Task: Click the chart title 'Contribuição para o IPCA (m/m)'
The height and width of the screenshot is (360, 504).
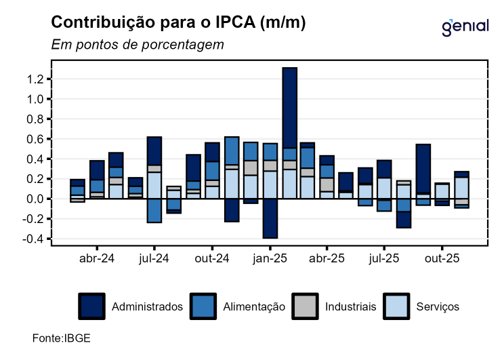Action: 179,22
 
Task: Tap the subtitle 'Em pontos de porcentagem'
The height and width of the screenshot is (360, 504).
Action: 138,45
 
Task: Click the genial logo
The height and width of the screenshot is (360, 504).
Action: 465,26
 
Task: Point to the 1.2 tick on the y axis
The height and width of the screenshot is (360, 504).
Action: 35,79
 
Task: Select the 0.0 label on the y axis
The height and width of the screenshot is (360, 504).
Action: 35,199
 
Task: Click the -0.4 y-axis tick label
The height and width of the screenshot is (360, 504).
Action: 34,239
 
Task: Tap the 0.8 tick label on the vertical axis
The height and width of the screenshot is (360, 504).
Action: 35,119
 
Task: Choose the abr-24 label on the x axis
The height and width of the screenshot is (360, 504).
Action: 97,258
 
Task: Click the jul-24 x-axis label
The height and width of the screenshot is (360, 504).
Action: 154,258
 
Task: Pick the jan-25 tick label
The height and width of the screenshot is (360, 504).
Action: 270,258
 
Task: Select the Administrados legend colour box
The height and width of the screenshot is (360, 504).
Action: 91,306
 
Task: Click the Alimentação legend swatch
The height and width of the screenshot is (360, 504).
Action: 203,306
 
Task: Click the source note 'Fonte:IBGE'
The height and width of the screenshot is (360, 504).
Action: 62,338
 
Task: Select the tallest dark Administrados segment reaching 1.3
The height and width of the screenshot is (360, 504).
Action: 290,108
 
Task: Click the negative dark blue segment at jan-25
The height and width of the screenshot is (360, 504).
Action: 270,218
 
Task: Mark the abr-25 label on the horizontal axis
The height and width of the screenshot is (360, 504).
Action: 328,258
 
